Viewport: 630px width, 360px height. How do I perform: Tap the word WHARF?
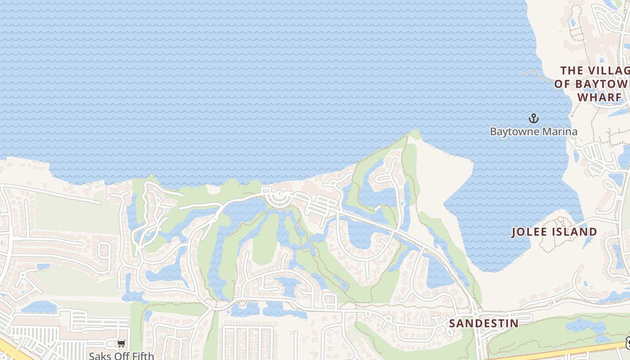pos(599,98)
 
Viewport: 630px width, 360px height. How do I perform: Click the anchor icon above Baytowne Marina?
pos(533,119)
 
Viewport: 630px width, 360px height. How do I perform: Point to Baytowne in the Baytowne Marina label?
pos(511,132)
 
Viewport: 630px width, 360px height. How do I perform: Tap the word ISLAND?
pos(577,232)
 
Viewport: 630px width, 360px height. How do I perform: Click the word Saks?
pos(99,356)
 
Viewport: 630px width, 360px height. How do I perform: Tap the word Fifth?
pos(143,356)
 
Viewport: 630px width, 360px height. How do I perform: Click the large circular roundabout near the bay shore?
pos(279,197)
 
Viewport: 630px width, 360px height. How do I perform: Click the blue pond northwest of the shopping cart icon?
pos(38,307)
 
